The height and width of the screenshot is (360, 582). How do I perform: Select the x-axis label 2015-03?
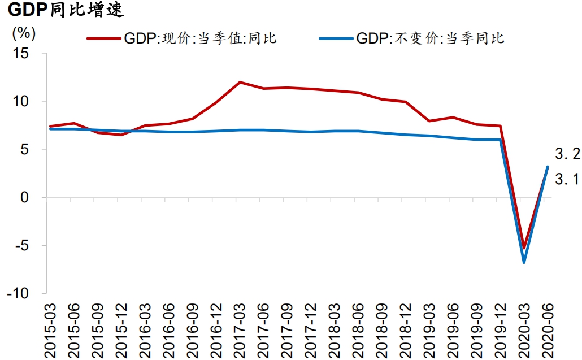click(51, 329)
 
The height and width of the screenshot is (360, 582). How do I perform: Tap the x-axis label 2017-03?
click(241, 329)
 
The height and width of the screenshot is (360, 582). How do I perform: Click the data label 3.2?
click(567, 153)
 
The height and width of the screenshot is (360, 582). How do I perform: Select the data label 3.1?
click(567, 180)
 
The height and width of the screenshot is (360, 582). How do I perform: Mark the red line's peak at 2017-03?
click(240, 82)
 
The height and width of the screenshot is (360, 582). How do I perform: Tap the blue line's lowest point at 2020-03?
click(524, 262)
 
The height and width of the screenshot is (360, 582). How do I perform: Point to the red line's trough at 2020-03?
click(524, 248)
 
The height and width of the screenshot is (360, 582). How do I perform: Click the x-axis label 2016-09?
click(193, 329)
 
